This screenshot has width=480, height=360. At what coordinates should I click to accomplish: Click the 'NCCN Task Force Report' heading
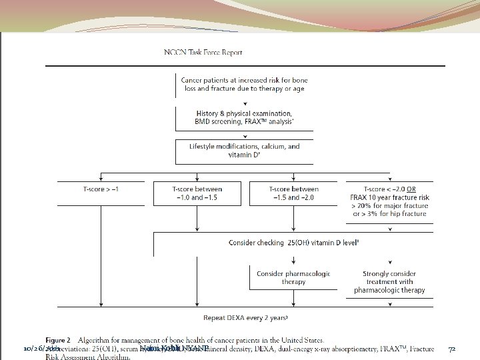(x=203, y=52)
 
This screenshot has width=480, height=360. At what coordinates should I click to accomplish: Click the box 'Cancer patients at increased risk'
(x=244, y=84)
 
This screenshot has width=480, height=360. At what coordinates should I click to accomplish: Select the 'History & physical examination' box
(x=244, y=118)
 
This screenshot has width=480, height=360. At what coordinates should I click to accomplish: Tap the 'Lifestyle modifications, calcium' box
(x=244, y=151)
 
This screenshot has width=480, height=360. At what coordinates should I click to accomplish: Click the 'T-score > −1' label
(x=101, y=189)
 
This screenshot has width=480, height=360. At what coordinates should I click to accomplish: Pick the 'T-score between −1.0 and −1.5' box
(x=197, y=193)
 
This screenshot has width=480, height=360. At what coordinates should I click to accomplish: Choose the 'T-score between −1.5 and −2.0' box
(x=293, y=193)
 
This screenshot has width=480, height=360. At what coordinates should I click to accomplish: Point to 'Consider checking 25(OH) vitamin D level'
(x=294, y=242)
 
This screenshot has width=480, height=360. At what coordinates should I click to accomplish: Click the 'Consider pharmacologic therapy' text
(x=293, y=277)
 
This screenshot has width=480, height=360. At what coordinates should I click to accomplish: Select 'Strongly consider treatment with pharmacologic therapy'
(x=389, y=281)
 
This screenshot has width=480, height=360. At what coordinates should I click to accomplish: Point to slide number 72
(x=451, y=349)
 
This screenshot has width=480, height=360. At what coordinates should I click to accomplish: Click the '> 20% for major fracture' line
(x=389, y=206)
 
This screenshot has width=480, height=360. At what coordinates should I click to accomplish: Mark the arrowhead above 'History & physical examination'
(x=245, y=105)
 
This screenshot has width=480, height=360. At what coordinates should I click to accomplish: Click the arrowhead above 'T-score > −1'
(x=101, y=179)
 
